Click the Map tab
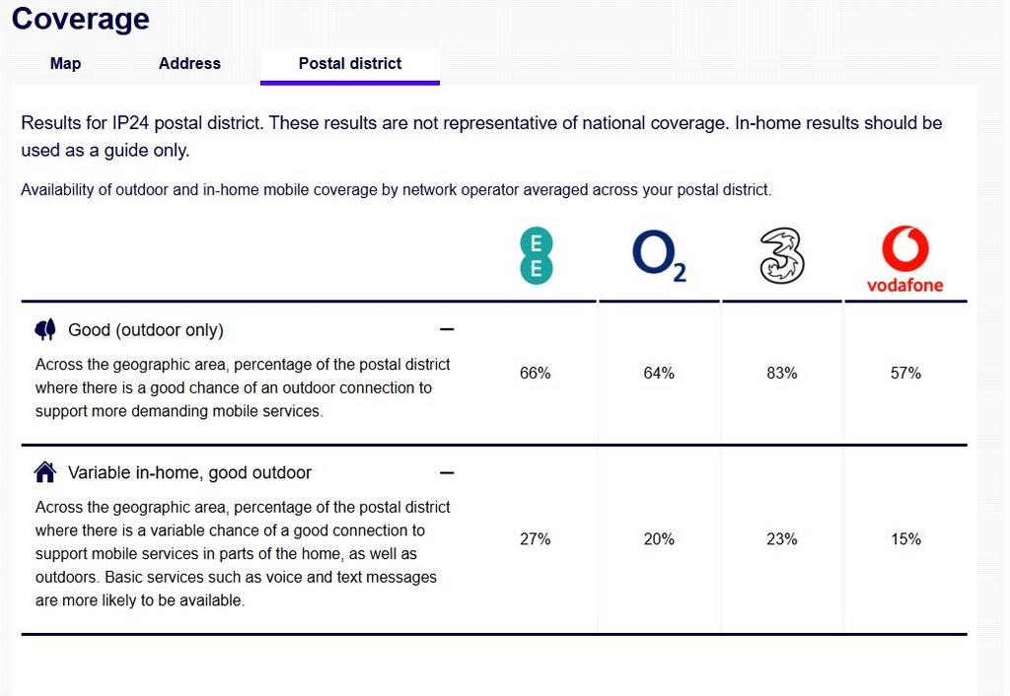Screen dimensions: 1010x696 (x=65, y=63)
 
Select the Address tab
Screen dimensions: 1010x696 (x=189, y=63)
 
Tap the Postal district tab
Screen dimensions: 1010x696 (x=350, y=63)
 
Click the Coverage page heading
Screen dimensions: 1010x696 (x=81, y=19)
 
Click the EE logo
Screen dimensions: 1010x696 (x=536, y=255)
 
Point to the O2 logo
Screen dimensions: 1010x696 (x=659, y=255)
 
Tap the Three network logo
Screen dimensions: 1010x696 (x=782, y=255)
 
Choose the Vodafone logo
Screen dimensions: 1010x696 (x=905, y=259)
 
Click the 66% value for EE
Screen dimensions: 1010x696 (x=536, y=373)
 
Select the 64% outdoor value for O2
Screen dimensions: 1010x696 (x=659, y=373)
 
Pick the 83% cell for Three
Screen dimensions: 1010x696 (x=782, y=373)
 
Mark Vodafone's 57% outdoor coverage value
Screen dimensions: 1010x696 (x=905, y=373)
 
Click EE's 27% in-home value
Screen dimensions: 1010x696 (x=536, y=539)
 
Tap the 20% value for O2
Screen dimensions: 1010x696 (x=659, y=539)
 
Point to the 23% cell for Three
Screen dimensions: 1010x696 (x=782, y=539)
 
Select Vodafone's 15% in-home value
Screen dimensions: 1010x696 (x=905, y=539)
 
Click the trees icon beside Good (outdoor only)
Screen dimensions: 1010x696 (x=45, y=329)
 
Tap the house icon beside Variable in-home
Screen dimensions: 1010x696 (x=45, y=472)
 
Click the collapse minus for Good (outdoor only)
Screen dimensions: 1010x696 (x=447, y=329)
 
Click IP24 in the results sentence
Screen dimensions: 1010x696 (x=131, y=123)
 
